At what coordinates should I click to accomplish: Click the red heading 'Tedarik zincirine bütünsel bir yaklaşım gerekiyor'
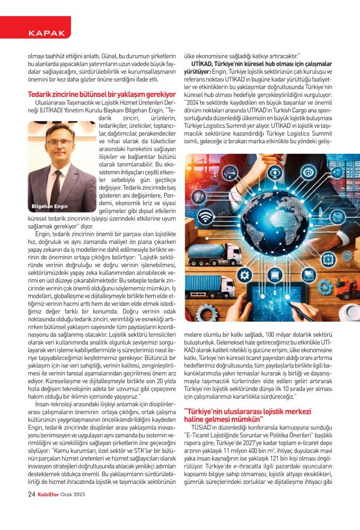click(x=101, y=95)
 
